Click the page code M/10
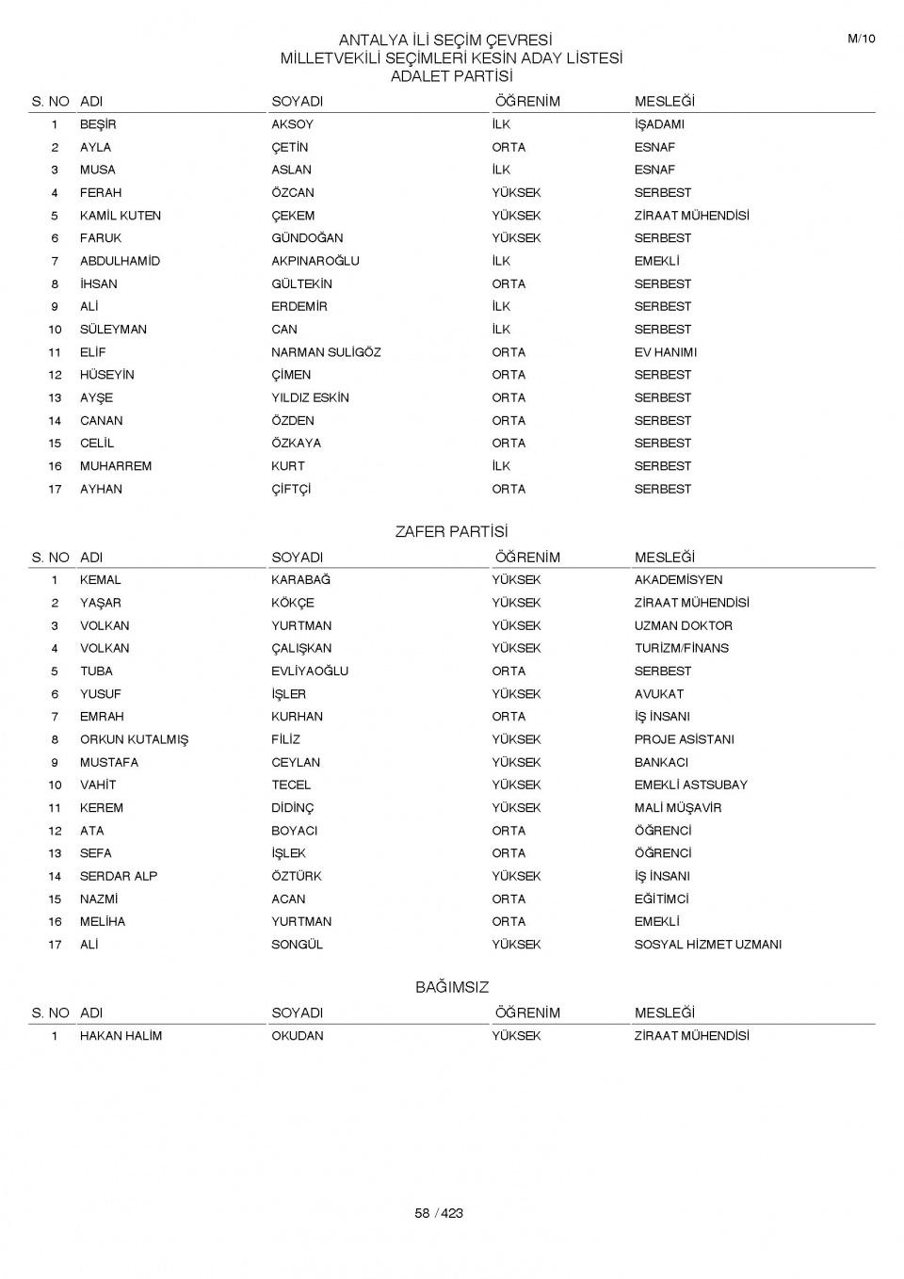pos(861,39)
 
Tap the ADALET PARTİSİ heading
pos(451,76)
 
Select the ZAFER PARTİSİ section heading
pos(451,532)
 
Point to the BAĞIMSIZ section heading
pos(452,988)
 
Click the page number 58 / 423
pos(439,1213)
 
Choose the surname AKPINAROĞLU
pos(315,261)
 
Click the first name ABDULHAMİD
pos(120,261)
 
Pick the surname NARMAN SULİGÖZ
pos(326,352)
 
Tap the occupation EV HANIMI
pos(665,352)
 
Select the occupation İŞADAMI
pos(659,124)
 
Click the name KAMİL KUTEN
pos(120,216)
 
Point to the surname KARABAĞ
pos(300,580)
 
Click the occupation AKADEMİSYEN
pos(678,580)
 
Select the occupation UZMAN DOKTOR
pos(683,625)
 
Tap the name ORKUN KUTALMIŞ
pos(134,739)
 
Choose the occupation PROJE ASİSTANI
pos(684,739)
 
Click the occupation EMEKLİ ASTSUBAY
pos(690,785)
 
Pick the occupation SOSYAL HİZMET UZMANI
pos(707,945)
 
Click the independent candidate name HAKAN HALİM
pos(121,1036)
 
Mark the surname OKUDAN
pos(297,1036)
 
